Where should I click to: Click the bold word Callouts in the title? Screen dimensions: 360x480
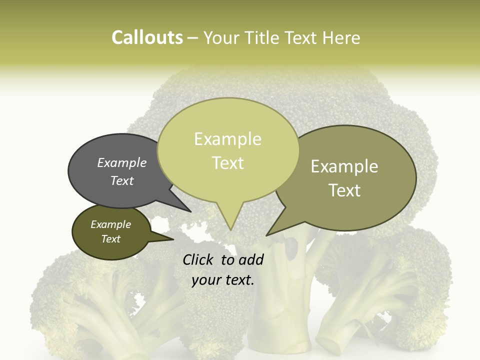tap(147, 37)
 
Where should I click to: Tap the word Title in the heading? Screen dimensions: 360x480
tap(263, 38)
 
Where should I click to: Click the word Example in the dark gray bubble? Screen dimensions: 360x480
tap(122, 162)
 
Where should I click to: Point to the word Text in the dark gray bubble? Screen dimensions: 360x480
tap(122, 180)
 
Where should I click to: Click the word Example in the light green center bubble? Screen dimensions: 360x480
tap(227, 139)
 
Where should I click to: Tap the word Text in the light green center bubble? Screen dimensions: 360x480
tap(227, 162)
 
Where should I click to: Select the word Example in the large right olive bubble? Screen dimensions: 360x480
tap(344, 166)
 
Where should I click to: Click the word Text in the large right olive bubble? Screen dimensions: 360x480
tap(344, 190)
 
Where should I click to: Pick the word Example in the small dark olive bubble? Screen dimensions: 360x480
tap(111, 224)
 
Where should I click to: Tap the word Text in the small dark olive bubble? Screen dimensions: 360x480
tap(111, 239)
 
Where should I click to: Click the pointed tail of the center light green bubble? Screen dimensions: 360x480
tap(230, 227)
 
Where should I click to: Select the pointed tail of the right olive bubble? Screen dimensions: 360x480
tap(269, 233)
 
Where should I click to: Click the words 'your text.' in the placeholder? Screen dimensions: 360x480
tap(223, 280)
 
